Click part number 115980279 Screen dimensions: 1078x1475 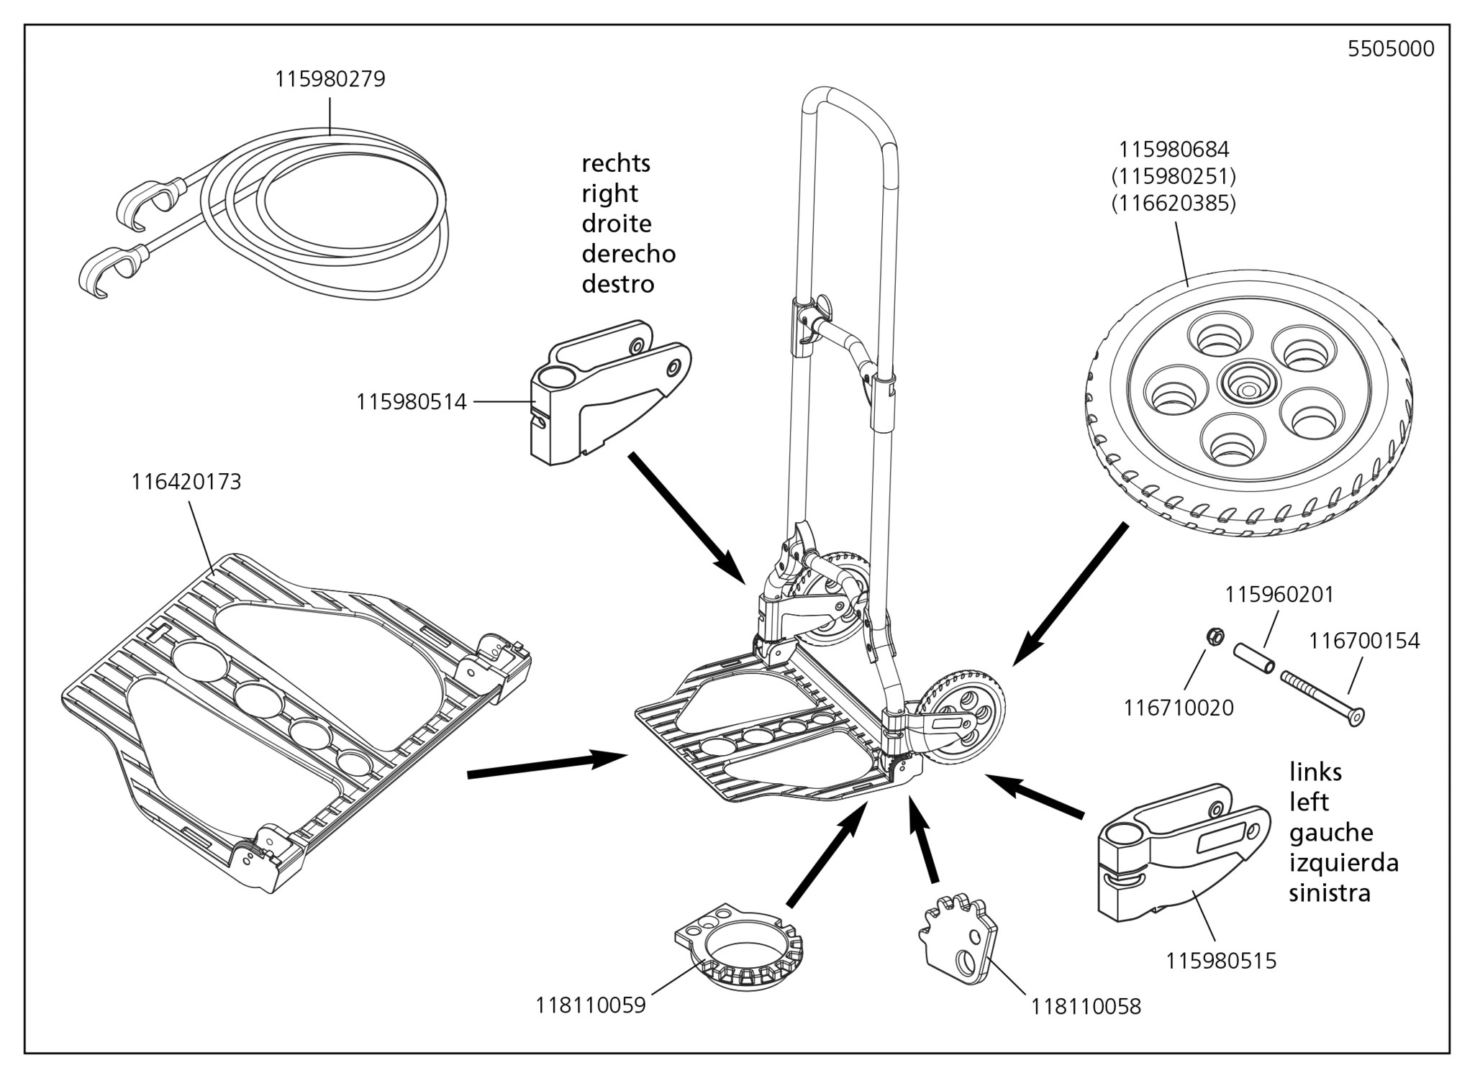coord(330,79)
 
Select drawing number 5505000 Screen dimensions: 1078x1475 coord(1390,49)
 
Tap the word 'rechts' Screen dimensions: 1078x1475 coord(615,164)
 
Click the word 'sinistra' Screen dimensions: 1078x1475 coord(1330,893)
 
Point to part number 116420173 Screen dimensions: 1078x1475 coord(186,482)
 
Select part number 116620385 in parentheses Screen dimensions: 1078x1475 coord(1174,204)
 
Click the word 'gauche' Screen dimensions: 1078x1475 coord(1330,833)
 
